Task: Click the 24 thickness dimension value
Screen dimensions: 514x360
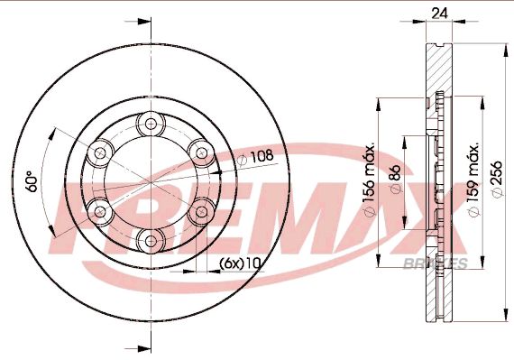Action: tap(439, 14)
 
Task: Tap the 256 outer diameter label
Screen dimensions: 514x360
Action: tap(498, 179)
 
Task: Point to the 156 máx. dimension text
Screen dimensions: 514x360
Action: tap(369, 180)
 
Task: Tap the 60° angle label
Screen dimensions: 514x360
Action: tap(32, 181)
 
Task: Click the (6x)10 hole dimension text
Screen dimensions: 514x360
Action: tap(240, 263)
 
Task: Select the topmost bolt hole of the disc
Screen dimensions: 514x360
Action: tap(151, 124)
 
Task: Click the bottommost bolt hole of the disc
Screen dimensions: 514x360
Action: tap(151, 241)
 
